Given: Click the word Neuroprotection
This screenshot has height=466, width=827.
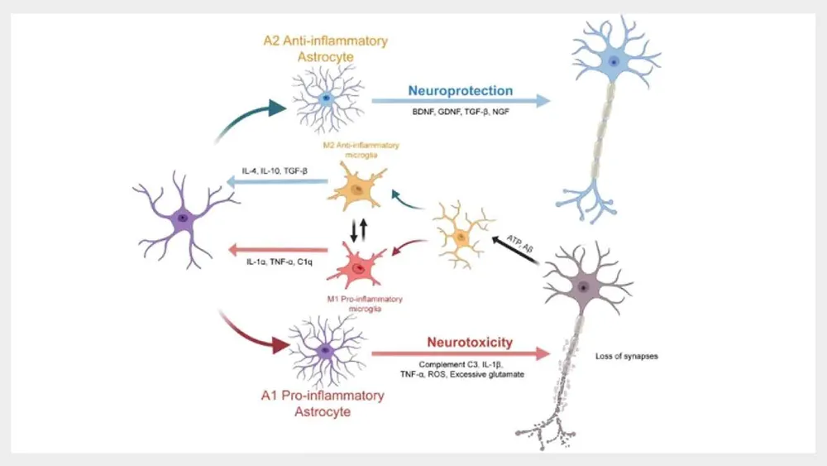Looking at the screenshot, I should pyautogui.click(x=459, y=90).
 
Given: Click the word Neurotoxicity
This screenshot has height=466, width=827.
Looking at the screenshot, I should pyautogui.click(x=469, y=341).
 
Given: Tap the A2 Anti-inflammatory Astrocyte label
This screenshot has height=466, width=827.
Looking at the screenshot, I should pyautogui.click(x=324, y=46).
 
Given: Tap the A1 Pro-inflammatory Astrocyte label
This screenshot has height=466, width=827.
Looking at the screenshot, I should pyautogui.click(x=324, y=403).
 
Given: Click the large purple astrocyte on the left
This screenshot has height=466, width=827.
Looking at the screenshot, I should pyautogui.click(x=183, y=219).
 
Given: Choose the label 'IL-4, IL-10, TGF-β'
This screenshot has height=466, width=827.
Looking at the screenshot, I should pyautogui.click(x=274, y=171).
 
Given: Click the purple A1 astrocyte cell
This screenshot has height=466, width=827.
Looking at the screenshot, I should pyautogui.click(x=326, y=351).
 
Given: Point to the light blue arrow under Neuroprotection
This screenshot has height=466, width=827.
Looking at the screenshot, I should pyautogui.click(x=460, y=101).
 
